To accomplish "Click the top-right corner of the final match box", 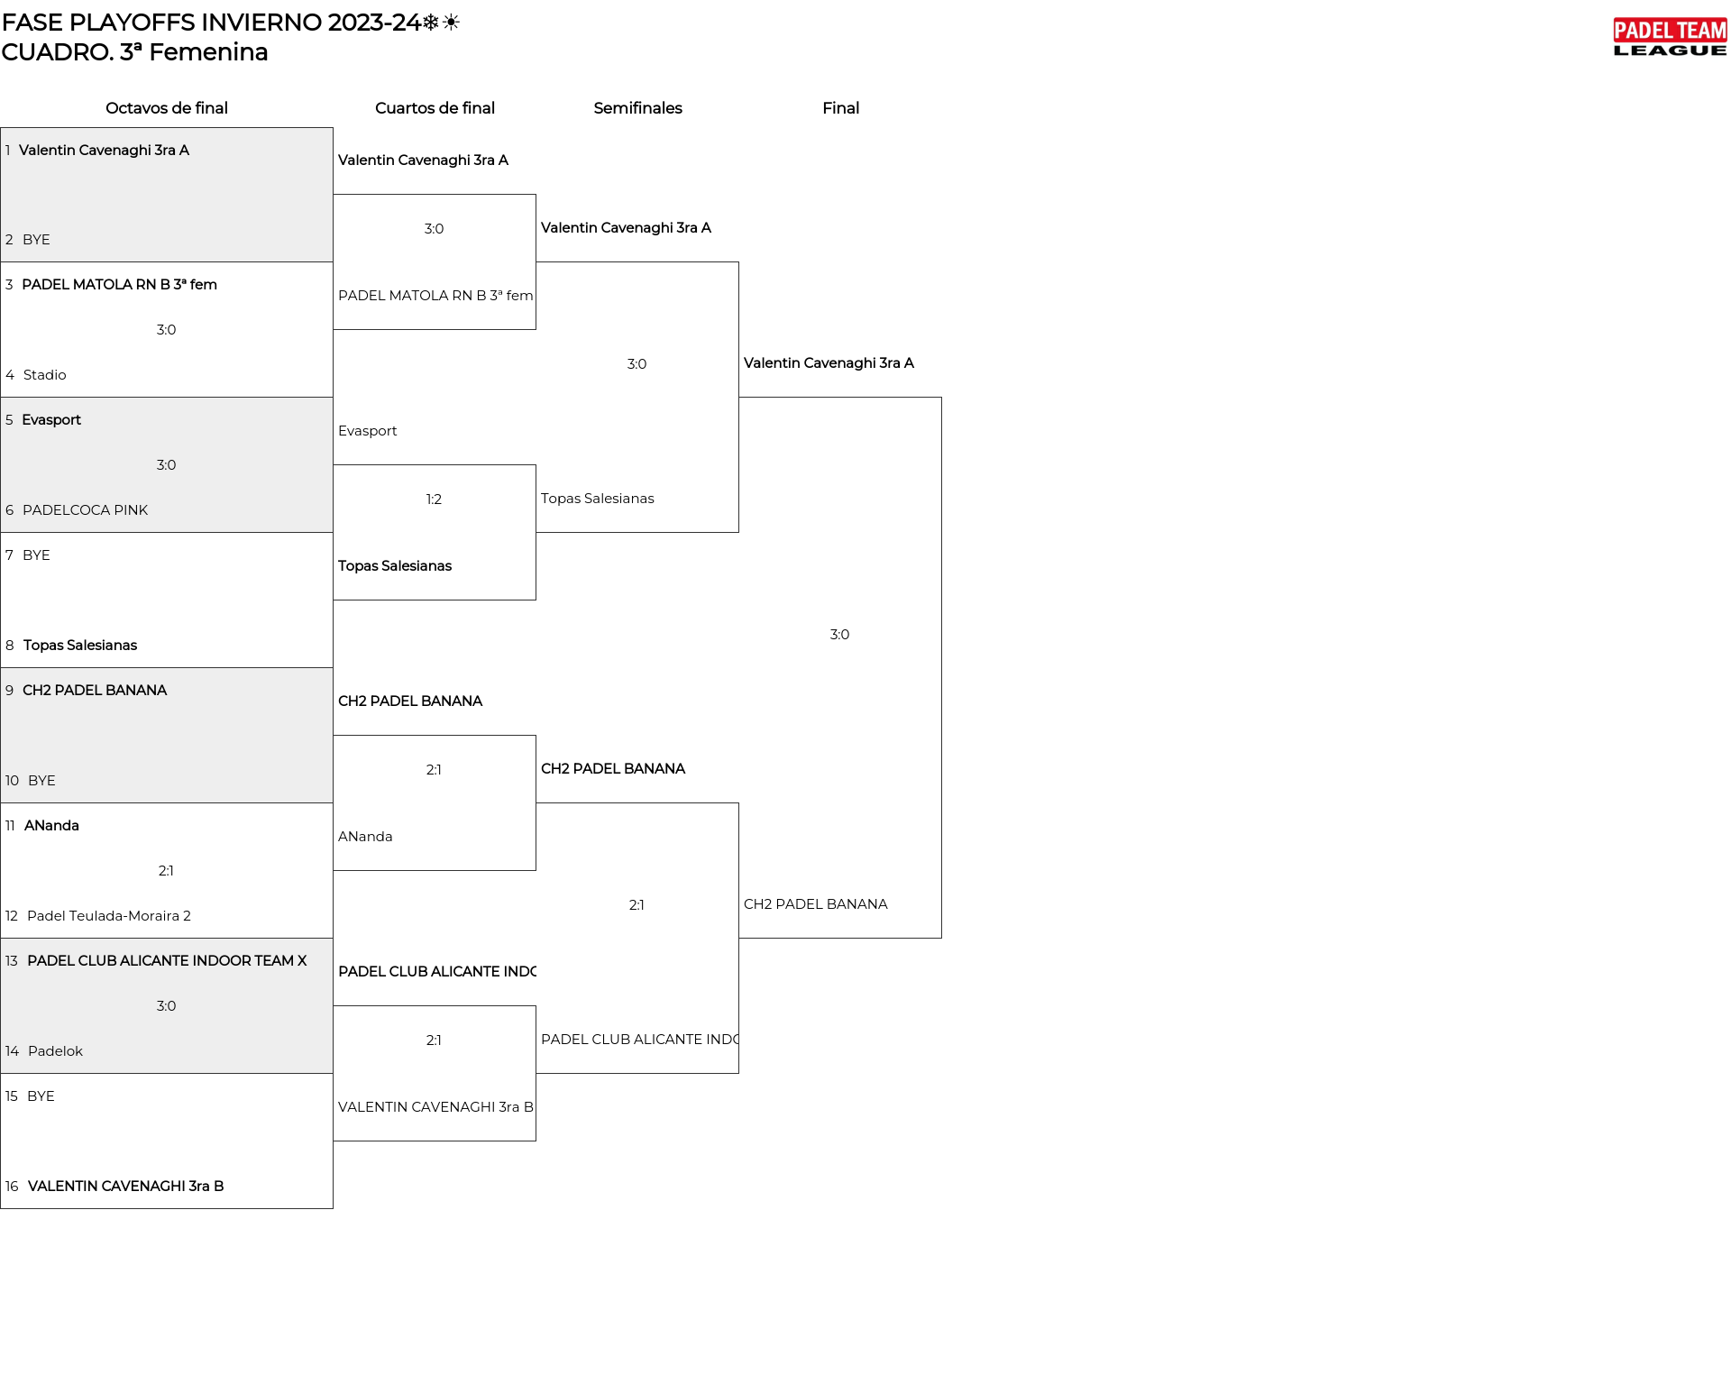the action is click(941, 398).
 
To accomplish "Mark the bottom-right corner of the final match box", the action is click(941, 938).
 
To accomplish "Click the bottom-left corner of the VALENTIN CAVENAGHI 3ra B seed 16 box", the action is click(1, 1208).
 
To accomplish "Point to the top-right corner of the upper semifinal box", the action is click(738, 262).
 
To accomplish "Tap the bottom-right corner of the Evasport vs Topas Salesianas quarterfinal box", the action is click(536, 600).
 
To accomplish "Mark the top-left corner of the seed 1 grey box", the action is click(1, 128).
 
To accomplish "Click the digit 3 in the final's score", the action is click(834, 635).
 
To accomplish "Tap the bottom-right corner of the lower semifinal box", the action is click(738, 1073).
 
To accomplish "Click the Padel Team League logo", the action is click(1670, 38).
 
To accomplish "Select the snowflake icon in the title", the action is click(431, 23).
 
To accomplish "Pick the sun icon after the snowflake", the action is click(451, 23).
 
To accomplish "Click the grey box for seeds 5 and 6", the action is click(167, 465).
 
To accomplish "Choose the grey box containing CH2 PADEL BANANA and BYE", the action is click(167, 736).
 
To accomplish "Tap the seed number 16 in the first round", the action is click(12, 1187).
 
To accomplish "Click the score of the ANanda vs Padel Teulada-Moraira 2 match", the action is click(166, 871).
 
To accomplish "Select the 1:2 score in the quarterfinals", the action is click(434, 500).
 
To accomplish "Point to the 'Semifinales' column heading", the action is click(637, 108).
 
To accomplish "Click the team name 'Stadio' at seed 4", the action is click(45, 375).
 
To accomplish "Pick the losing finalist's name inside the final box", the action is click(816, 904).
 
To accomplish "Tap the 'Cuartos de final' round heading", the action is click(435, 108).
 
